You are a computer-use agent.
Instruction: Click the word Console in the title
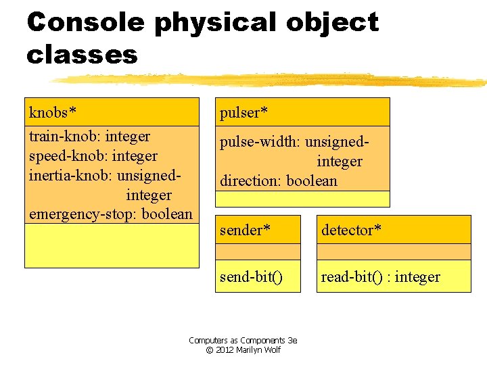[x=85, y=23]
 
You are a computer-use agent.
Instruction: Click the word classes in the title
[x=82, y=55]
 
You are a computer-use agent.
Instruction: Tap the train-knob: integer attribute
[x=89, y=137]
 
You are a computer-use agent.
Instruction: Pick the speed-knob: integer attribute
[x=93, y=156]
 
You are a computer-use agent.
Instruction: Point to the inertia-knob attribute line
[x=105, y=176]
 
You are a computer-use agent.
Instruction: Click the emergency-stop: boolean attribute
[x=110, y=214]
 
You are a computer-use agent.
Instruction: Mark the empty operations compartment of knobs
[x=112, y=245]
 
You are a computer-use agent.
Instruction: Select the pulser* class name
[x=240, y=112]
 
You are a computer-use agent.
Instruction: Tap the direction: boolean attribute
[x=278, y=181]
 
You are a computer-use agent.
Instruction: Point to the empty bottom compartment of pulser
[x=302, y=199]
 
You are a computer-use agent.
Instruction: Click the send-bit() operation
[x=251, y=276]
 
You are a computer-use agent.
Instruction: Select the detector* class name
[x=351, y=230]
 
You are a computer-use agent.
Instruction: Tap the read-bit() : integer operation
[x=380, y=276]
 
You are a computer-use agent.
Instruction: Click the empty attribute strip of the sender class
[x=258, y=251]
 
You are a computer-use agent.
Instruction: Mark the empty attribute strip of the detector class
[x=393, y=251]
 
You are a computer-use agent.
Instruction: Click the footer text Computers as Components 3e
[x=243, y=341]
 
